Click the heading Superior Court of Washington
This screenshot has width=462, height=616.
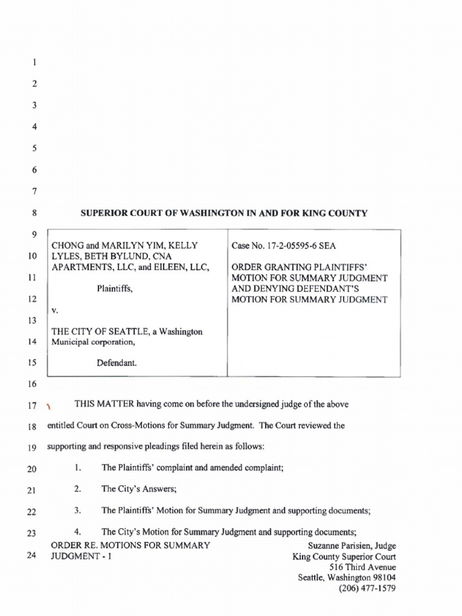(x=224, y=213)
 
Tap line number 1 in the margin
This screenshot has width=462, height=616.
(x=35, y=62)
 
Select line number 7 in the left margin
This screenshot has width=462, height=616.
(x=35, y=192)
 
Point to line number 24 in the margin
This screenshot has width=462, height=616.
(x=32, y=555)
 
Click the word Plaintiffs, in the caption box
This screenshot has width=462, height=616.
(x=114, y=288)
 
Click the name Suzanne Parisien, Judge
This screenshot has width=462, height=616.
(x=351, y=546)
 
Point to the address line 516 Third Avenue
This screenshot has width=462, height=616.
(x=362, y=567)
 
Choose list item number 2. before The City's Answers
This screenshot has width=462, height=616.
(x=78, y=489)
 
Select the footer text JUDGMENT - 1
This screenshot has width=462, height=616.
(x=82, y=556)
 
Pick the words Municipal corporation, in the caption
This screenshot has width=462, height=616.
(x=99, y=342)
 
